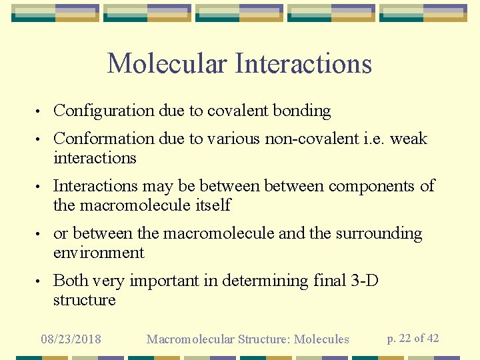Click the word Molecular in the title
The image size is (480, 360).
click(x=167, y=63)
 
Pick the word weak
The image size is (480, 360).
click(x=408, y=139)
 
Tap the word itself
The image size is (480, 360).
click(x=211, y=205)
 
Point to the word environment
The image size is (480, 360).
click(x=99, y=253)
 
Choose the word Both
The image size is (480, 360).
click(x=71, y=281)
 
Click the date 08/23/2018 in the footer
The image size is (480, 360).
click(x=71, y=339)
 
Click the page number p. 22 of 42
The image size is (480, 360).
click(x=413, y=338)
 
